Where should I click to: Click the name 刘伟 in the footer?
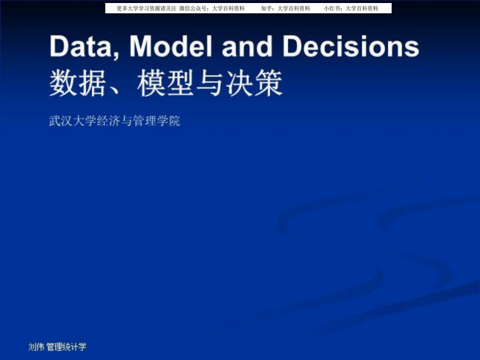tap(36, 347)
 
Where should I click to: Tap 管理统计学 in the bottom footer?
tap(67, 347)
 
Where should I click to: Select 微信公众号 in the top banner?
tap(194, 8)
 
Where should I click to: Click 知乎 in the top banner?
tap(268, 8)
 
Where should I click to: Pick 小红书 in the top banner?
tap(332, 8)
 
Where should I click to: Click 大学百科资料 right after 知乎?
tap(294, 8)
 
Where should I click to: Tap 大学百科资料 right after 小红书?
tap(362, 8)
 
